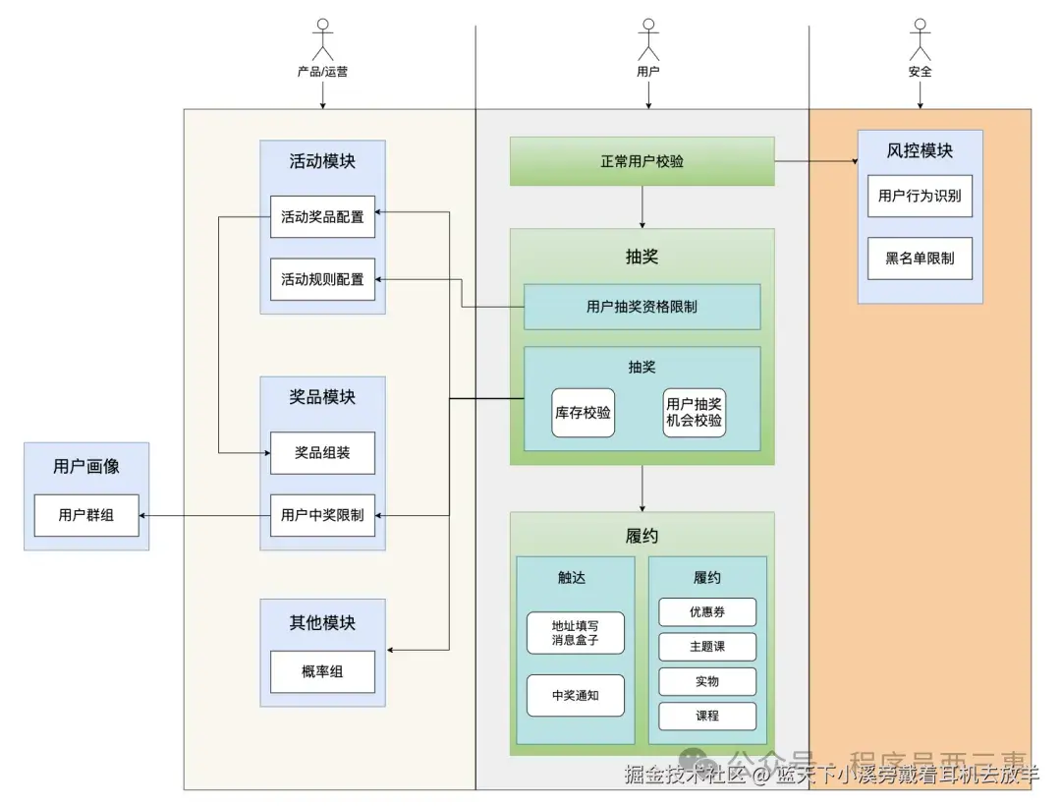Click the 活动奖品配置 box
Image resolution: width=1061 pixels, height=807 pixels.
click(322, 216)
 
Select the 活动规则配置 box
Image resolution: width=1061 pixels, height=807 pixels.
click(322, 279)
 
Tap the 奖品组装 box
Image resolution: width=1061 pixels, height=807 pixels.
click(322, 453)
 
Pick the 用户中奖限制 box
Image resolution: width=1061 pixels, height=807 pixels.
click(322, 514)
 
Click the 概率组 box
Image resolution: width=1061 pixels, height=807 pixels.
click(322, 671)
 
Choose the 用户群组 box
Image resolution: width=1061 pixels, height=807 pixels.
click(86, 515)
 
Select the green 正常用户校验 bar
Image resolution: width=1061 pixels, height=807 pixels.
click(642, 161)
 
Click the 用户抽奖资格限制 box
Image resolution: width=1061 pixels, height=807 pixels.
click(642, 307)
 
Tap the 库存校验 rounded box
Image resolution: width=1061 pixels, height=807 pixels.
click(583, 413)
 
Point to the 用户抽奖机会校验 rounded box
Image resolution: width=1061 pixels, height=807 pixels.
click(695, 413)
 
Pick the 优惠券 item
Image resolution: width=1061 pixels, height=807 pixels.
click(707, 611)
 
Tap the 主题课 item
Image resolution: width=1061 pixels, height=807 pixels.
click(707, 647)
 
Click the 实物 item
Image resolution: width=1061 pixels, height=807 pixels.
click(707, 681)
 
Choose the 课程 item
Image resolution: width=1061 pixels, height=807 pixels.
click(707, 716)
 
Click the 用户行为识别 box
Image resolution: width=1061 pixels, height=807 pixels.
click(920, 196)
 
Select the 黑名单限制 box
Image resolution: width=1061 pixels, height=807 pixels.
click(920, 259)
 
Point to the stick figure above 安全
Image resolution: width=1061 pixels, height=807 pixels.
click(920, 39)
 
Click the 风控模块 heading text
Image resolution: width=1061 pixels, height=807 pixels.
click(920, 150)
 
